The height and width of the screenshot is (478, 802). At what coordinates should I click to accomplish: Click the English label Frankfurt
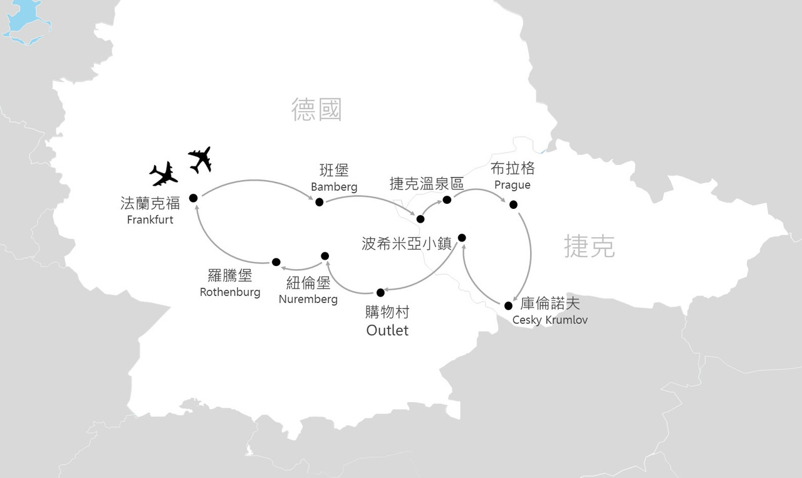[x=150, y=220]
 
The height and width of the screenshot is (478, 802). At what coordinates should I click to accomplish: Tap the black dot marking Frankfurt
[x=193, y=198]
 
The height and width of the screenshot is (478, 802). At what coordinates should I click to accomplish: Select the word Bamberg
[x=334, y=187]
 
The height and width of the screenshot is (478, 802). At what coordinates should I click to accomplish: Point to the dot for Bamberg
[x=319, y=202]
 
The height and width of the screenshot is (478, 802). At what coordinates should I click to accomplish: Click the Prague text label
[x=512, y=185]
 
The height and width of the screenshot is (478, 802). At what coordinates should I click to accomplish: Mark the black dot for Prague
[x=513, y=204]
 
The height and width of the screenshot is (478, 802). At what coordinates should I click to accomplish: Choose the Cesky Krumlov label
[x=549, y=320]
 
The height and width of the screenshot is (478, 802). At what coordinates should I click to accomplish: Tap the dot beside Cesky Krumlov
[x=508, y=305]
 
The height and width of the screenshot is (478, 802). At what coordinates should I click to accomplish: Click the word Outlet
[x=387, y=330]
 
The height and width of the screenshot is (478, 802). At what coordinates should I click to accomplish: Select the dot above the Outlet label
[x=380, y=292]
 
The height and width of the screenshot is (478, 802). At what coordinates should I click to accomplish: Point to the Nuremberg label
[x=308, y=299]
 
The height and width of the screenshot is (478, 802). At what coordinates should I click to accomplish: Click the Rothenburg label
[x=230, y=292]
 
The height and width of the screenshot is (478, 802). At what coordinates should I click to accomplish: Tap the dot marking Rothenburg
[x=276, y=262]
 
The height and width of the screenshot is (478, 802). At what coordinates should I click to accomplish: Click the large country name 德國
[x=316, y=110]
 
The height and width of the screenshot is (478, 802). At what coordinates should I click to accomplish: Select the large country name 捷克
[x=589, y=247]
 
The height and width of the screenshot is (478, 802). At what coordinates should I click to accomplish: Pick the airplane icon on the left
[x=164, y=174]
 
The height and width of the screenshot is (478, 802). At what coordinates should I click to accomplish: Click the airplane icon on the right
[x=200, y=159]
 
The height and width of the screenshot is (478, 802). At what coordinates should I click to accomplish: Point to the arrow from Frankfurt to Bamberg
[x=257, y=181]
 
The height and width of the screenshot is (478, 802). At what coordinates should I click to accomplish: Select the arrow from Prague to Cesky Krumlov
[x=529, y=251]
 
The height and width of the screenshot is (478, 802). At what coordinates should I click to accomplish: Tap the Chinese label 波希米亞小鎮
[x=407, y=243]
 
